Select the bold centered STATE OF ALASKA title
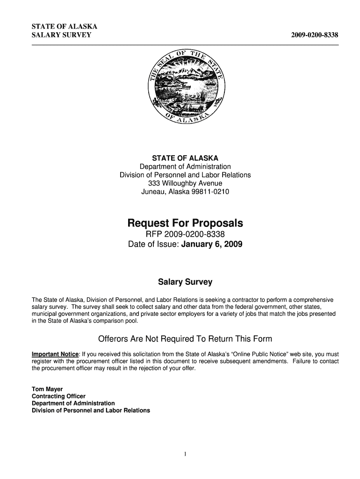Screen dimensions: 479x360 tap(185, 158)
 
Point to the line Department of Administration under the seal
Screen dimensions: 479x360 tap(185, 167)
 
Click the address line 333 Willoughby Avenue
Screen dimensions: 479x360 tap(185, 183)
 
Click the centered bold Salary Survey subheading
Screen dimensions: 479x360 tap(185, 282)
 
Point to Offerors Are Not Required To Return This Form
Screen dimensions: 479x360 tap(185, 339)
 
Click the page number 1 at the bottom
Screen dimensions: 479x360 tap(186, 453)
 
